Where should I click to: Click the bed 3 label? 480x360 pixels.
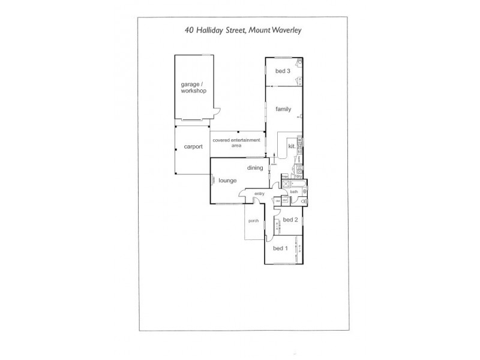coord(283,71)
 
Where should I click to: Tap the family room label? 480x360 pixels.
coord(283,109)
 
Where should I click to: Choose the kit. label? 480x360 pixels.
coord(292,146)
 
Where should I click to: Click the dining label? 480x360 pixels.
coord(255,169)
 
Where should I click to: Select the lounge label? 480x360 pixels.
coord(228,180)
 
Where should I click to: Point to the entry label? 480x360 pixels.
coord(259,194)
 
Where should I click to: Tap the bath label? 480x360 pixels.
coord(294,193)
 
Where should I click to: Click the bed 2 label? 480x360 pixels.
coord(290,220)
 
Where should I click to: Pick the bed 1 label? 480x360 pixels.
coord(280,248)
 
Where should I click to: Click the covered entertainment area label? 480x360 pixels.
coord(238,143)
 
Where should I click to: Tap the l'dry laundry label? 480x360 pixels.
coord(299,177)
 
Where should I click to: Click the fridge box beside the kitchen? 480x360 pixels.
coord(284,176)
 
